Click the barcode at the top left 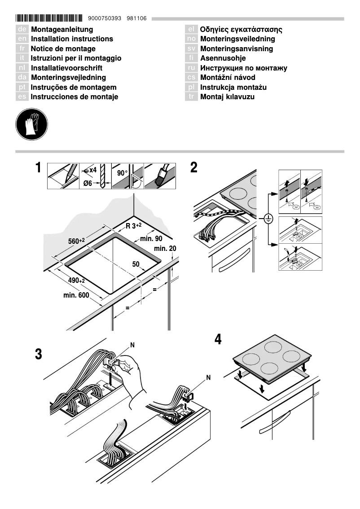pyautogui.click(x=49, y=18)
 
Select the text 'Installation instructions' pyautogui.click(x=72, y=39)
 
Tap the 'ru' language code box pyautogui.click(x=191, y=68)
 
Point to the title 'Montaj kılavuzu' pyautogui.click(x=227, y=97)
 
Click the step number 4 pyautogui.click(x=218, y=339)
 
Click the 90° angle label pyautogui.click(x=122, y=173)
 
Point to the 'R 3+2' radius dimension pyautogui.click(x=134, y=226)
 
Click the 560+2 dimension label pyautogui.click(x=76, y=241)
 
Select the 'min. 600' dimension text pyautogui.click(x=76, y=295)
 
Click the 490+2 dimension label pyautogui.click(x=77, y=280)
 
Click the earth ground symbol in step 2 pyautogui.click(x=268, y=219)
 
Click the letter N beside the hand pyautogui.click(x=132, y=345)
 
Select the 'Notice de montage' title pyautogui.click(x=63, y=49)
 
